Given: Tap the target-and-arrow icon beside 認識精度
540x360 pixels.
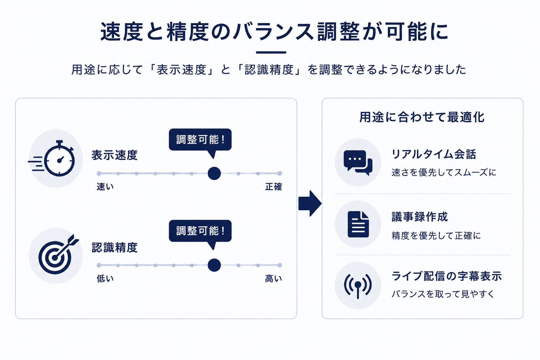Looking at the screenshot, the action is coord(57,256).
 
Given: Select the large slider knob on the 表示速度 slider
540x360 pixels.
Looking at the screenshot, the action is coord(214,173).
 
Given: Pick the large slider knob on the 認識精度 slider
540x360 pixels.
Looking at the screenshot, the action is coord(214,265).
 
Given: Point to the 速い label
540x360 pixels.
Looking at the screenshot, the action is coord(105,187).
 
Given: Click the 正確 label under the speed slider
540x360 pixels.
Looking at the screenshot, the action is coord(274,187).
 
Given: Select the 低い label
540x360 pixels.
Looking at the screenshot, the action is coord(105,278).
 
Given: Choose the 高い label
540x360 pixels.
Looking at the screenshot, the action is coord(274,278).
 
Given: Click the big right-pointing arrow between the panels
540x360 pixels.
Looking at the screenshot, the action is coord(310,203).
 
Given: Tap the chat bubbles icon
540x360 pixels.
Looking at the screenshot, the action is coord(358,162).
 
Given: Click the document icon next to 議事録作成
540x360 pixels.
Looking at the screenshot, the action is coord(358,224).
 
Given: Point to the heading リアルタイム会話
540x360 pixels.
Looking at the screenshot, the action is coord(434,154).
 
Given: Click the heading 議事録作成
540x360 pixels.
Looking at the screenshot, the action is coord(420,217).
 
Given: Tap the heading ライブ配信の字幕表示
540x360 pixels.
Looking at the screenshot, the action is coord(447,276).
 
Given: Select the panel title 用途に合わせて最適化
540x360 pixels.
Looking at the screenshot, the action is coord(422,117).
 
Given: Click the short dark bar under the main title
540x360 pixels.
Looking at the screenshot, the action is coord(271,52).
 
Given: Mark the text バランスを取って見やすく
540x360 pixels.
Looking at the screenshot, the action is coord(443,294).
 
